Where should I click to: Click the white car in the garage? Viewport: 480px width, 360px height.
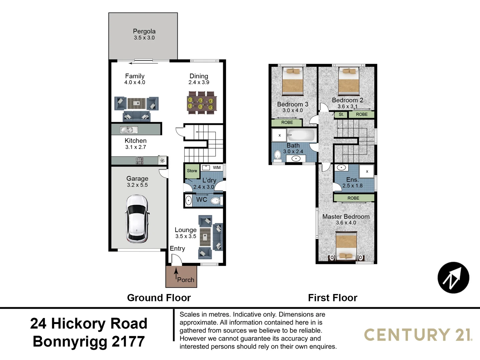(x=137, y=219)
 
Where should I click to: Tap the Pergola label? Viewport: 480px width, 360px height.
(x=144, y=31)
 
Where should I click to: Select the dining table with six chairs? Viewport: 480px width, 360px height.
(x=201, y=103)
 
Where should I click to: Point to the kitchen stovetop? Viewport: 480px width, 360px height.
(x=139, y=161)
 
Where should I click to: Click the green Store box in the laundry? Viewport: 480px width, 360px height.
(x=192, y=171)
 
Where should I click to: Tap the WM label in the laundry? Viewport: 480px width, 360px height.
(x=217, y=168)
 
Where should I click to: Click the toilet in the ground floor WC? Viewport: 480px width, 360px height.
(x=215, y=201)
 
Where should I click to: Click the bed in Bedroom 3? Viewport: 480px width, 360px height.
(x=292, y=81)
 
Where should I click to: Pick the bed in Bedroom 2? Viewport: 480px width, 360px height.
(x=348, y=81)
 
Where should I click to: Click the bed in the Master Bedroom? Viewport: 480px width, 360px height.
(x=346, y=246)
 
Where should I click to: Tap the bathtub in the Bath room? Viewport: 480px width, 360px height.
(x=301, y=136)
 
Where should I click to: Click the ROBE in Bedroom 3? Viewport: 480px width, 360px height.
(x=287, y=123)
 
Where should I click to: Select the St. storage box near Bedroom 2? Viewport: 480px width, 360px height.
(x=341, y=115)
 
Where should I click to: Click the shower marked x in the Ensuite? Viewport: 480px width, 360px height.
(x=367, y=172)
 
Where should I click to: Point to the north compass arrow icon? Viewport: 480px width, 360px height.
(x=453, y=278)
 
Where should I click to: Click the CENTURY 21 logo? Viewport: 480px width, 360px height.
(x=418, y=335)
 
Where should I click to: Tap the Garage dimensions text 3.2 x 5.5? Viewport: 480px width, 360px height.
(x=137, y=185)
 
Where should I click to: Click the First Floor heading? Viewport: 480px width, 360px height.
(x=332, y=298)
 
